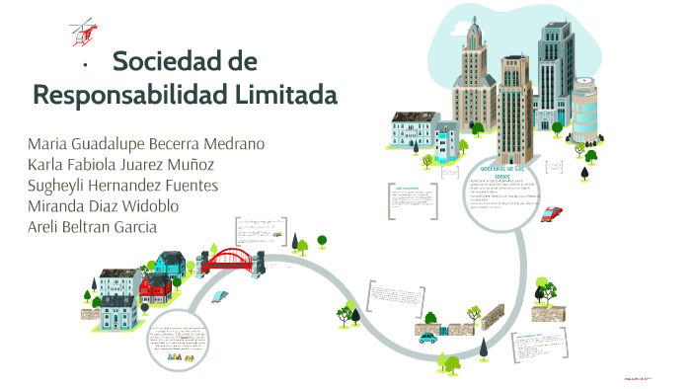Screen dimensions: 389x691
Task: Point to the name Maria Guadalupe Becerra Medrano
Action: [x=146, y=143]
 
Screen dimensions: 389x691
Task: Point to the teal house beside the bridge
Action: [x=171, y=264]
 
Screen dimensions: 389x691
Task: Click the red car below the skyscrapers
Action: [x=552, y=212]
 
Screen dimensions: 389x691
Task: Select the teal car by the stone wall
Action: [x=427, y=337]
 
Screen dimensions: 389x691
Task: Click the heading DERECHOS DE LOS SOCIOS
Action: [x=501, y=172]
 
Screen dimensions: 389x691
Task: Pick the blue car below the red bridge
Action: [x=220, y=294]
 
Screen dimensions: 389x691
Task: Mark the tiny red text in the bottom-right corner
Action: [x=643, y=377]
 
